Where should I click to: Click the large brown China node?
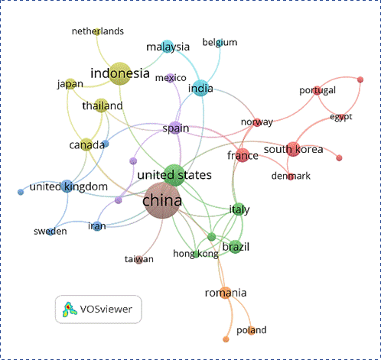tap(162, 200)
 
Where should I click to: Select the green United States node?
tap(174, 175)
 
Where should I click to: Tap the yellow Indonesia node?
tap(120, 73)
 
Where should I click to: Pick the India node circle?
tap(200, 88)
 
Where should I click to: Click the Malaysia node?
tap(168, 47)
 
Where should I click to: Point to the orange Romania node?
tap(226, 293)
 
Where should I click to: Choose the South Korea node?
tap(293, 149)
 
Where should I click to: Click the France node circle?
tap(243, 155)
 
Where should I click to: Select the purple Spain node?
tap(175, 128)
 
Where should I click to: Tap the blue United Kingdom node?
tap(67, 186)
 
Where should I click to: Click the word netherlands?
tap(98, 31)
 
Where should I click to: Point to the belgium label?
tap(220, 42)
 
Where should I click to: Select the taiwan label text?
tap(139, 259)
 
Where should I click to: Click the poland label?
tap(252, 330)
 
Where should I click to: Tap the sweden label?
tap(50, 232)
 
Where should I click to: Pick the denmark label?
tap(291, 176)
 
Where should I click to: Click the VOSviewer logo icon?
tap(70, 310)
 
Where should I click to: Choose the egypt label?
tap(341, 117)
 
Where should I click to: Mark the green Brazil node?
tap(236, 247)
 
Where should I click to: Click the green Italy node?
tap(239, 209)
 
